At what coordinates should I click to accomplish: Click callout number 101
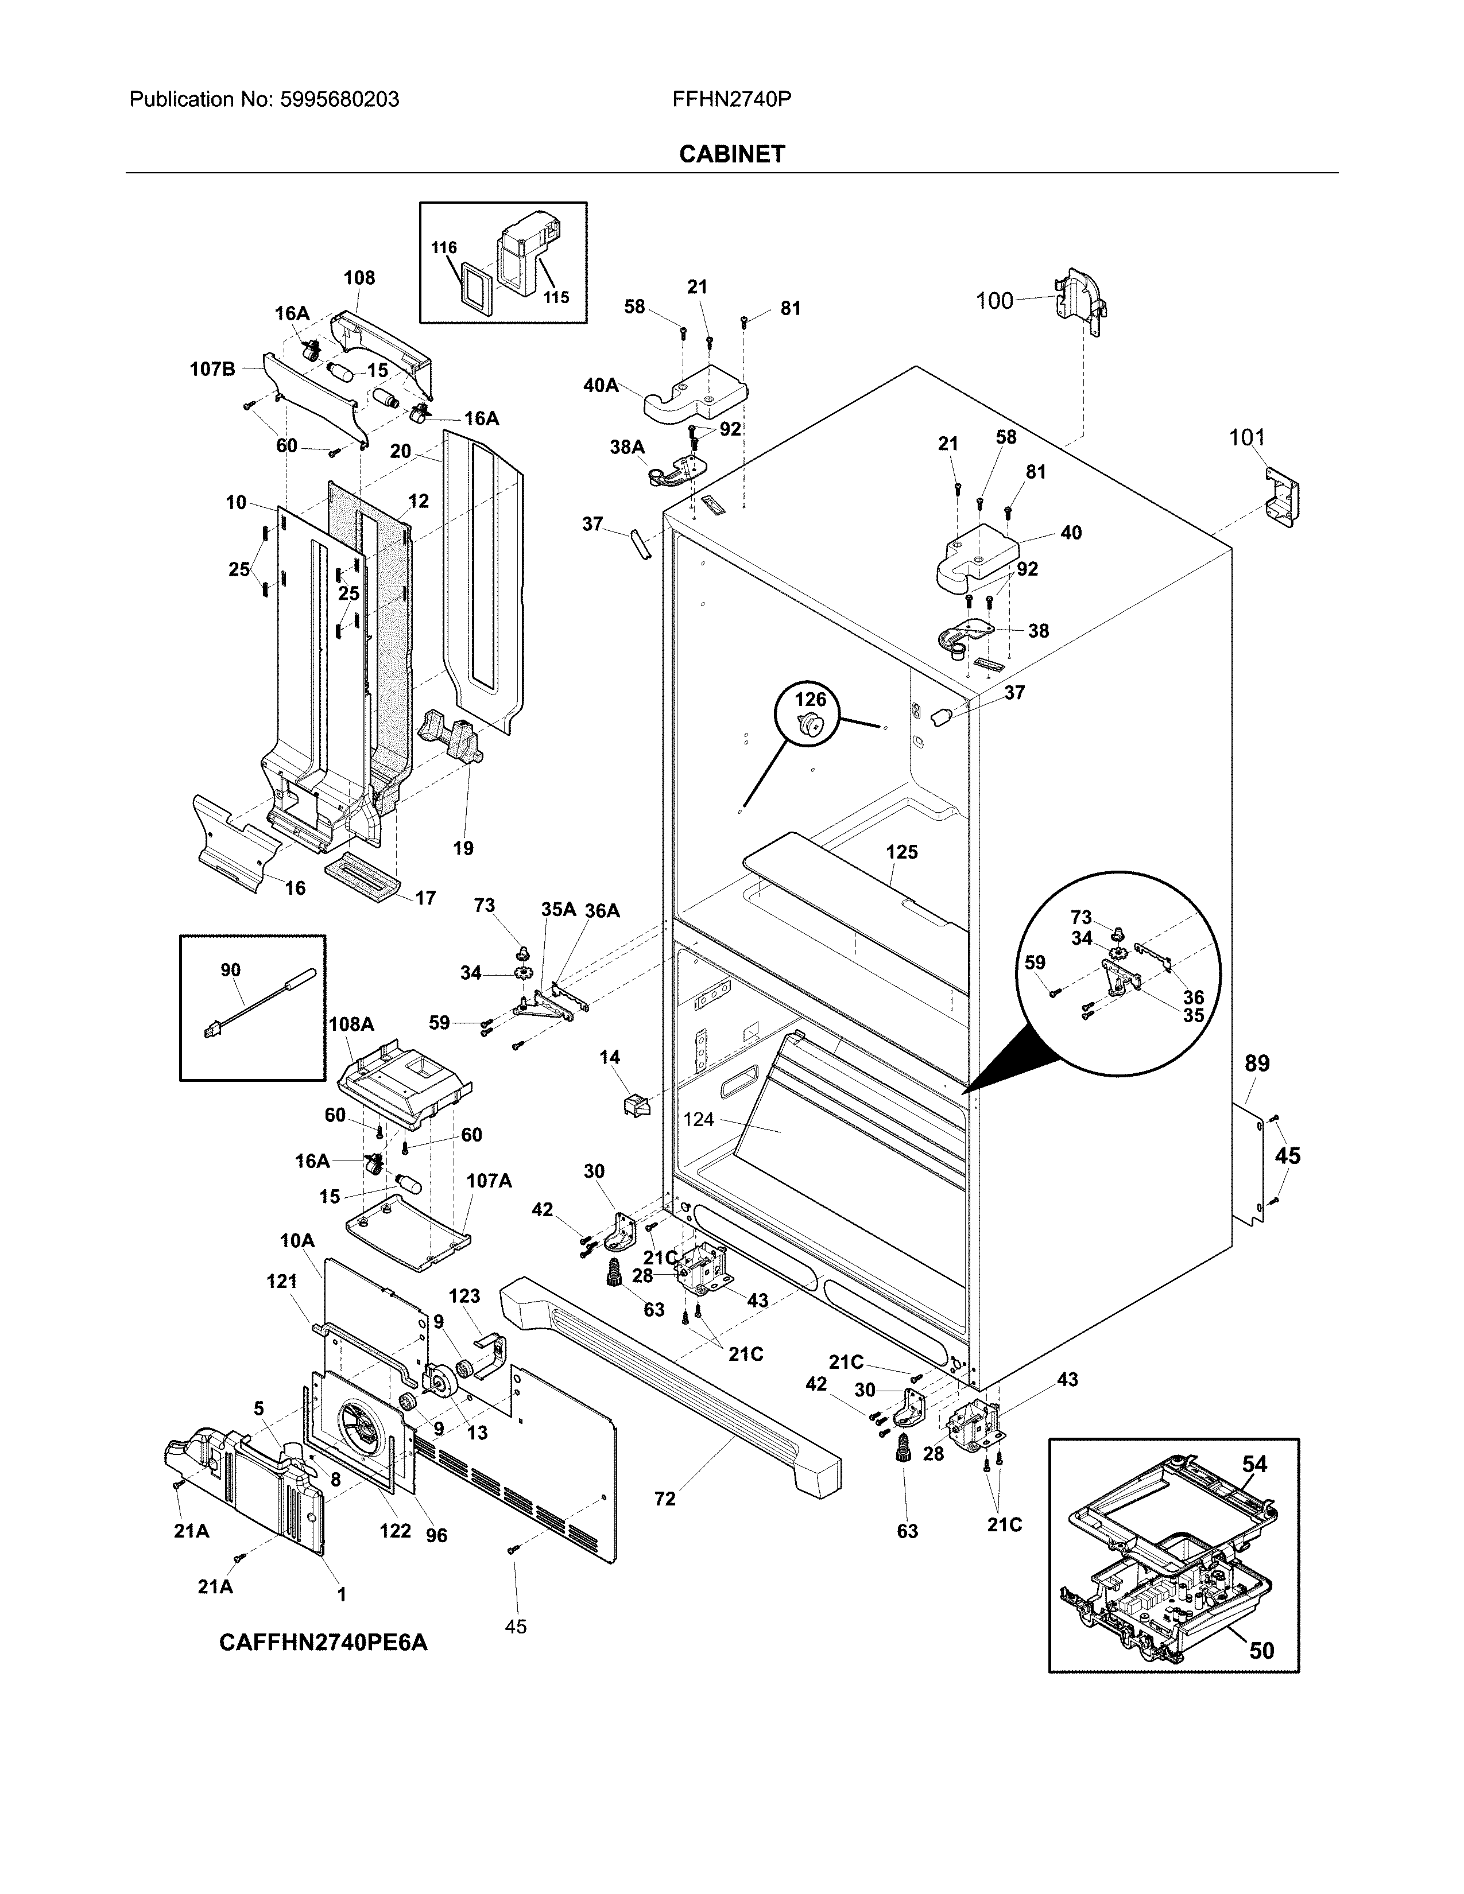click(1246, 438)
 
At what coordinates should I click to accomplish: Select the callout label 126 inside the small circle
click(810, 699)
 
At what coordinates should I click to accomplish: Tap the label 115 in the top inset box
click(556, 297)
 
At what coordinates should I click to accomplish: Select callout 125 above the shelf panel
click(901, 852)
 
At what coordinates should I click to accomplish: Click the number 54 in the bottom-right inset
click(1253, 1465)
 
